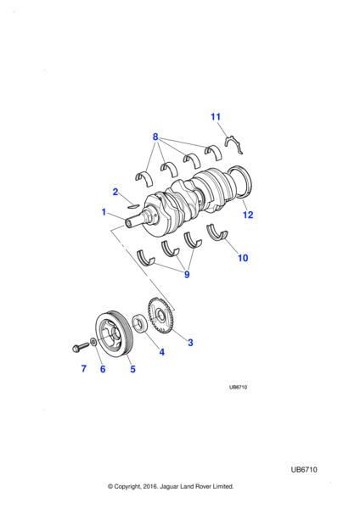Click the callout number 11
coord(216,116)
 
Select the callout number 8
coord(155,136)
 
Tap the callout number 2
coord(115,192)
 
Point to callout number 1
coord(103,211)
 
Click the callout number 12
coord(248,215)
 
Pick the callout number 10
coord(242,258)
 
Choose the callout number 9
coord(186,275)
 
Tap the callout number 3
coord(190,343)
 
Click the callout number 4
coord(161,352)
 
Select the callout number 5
coord(132,369)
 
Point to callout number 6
coord(103,369)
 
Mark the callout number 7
coord(83,369)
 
